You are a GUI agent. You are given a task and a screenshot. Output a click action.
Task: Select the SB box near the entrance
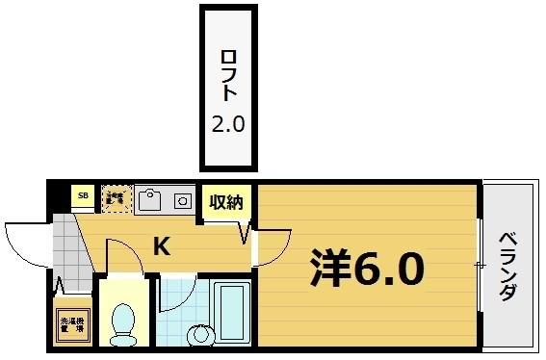click(82, 197)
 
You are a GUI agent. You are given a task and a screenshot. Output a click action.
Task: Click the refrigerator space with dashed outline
click(116, 198)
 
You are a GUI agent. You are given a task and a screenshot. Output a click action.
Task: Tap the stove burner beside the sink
click(181, 200)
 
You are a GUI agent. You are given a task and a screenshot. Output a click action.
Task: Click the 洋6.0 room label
click(366, 270)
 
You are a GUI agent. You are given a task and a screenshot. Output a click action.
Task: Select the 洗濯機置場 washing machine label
click(72, 325)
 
